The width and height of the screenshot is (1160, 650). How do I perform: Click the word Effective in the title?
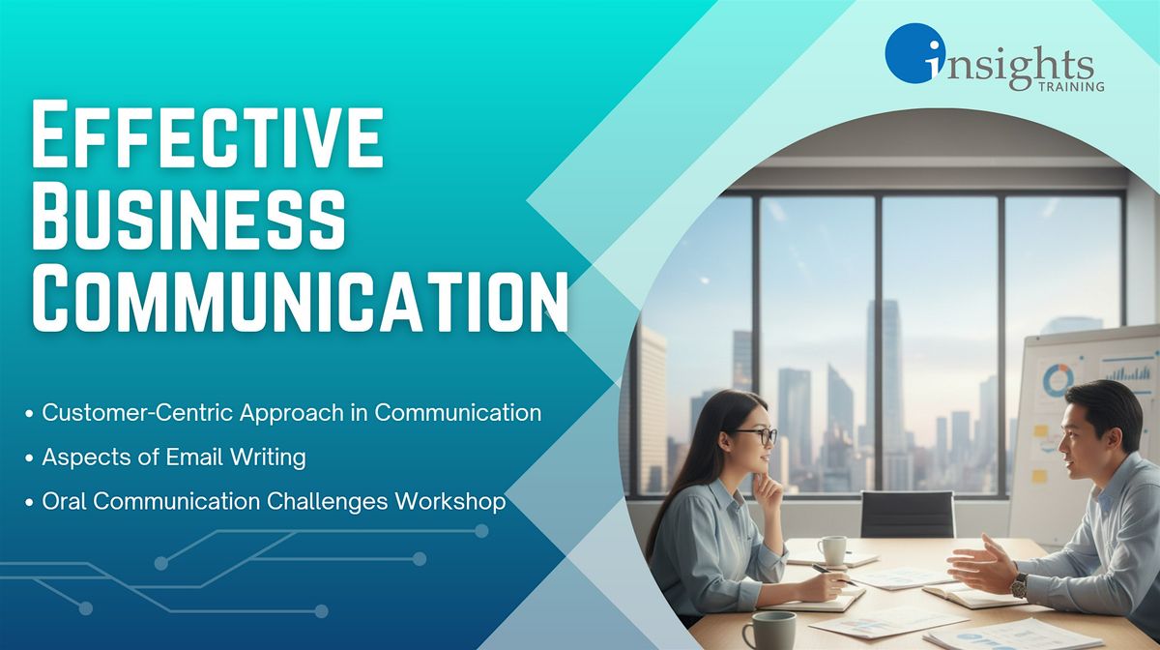208,133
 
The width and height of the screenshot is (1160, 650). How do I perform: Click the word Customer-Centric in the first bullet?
137,413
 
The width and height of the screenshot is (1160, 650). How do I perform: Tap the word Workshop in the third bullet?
450,502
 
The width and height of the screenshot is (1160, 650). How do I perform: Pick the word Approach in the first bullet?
292,414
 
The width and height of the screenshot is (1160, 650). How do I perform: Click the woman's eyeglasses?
756,435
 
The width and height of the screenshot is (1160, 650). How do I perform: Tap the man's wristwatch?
1019,585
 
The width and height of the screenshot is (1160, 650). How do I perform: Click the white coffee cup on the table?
832,550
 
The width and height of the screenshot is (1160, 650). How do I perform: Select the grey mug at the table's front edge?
770,631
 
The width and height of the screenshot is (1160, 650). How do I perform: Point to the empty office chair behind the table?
907,515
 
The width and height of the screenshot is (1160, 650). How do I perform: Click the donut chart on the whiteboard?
1058,380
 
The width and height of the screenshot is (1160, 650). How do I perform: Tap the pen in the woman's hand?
833,576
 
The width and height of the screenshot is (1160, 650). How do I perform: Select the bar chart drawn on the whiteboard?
1128,371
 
